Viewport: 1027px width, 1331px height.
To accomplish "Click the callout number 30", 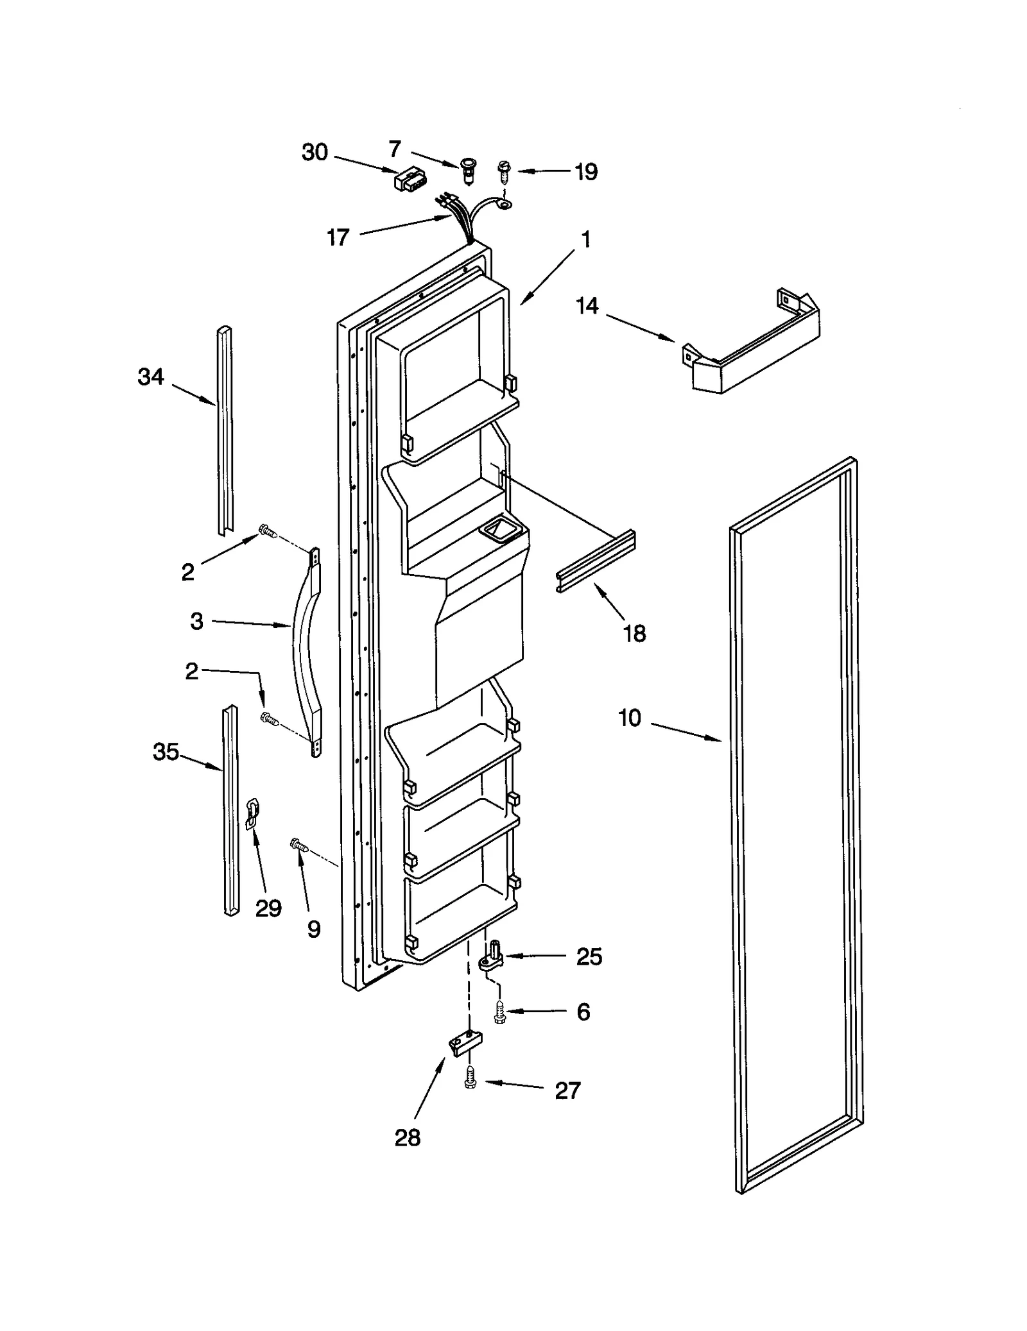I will coord(315,153).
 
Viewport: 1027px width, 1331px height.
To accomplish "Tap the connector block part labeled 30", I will coord(410,180).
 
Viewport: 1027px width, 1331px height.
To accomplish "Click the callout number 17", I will coord(338,238).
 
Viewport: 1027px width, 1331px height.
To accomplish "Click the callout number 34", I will coord(151,377).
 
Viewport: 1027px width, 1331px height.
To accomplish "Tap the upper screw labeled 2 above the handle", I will coord(267,531).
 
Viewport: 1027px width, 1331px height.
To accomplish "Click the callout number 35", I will coord(166,752).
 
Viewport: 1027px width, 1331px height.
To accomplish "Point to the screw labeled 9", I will coord(299,845).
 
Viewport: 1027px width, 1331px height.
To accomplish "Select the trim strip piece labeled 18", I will coord(596,561).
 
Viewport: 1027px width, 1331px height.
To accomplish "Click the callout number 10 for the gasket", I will coord(630,718).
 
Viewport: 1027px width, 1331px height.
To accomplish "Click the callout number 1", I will coord(585,239).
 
